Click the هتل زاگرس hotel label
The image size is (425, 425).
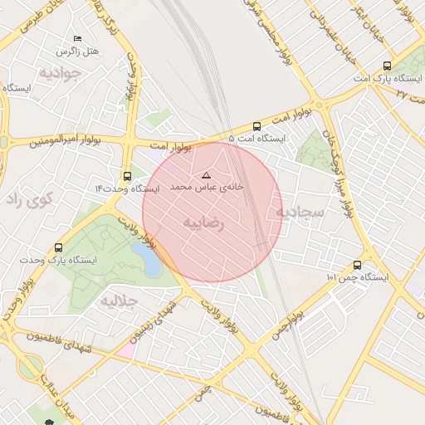[77, 51]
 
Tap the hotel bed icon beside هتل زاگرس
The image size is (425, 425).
[78, 39]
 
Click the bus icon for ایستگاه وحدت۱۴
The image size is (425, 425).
[126, 176]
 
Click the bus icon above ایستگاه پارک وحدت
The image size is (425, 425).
[58, 247]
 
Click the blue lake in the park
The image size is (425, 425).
[148, 261]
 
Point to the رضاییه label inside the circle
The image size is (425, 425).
[204, 223]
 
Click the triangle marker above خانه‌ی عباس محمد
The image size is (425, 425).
[207, 175]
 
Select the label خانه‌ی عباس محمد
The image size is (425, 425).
[208, 188]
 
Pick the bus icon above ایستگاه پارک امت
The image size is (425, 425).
[388, 66]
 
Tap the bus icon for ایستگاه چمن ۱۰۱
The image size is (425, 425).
[357, 265]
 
